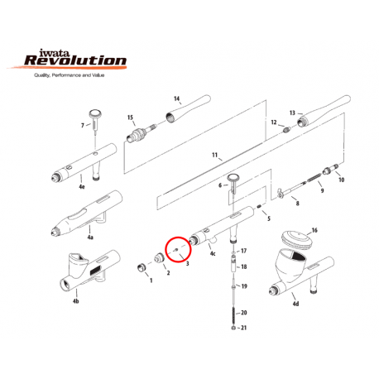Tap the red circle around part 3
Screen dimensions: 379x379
pyautogui.click(x=176, y=248)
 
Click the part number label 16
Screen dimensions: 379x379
pyautogui.click(x=314, y=229)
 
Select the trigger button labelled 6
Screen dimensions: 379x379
pyautogui.click(x=233, y=180)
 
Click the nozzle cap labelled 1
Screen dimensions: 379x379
pyautogui.click(x=142, y=266)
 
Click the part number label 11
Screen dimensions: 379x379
pyautogui.click(x=213, y=155)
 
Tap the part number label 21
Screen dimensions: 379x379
pyautogui.click(x=244, y=329)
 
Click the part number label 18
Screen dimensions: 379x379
pyautogui.click(x=244, y=266)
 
